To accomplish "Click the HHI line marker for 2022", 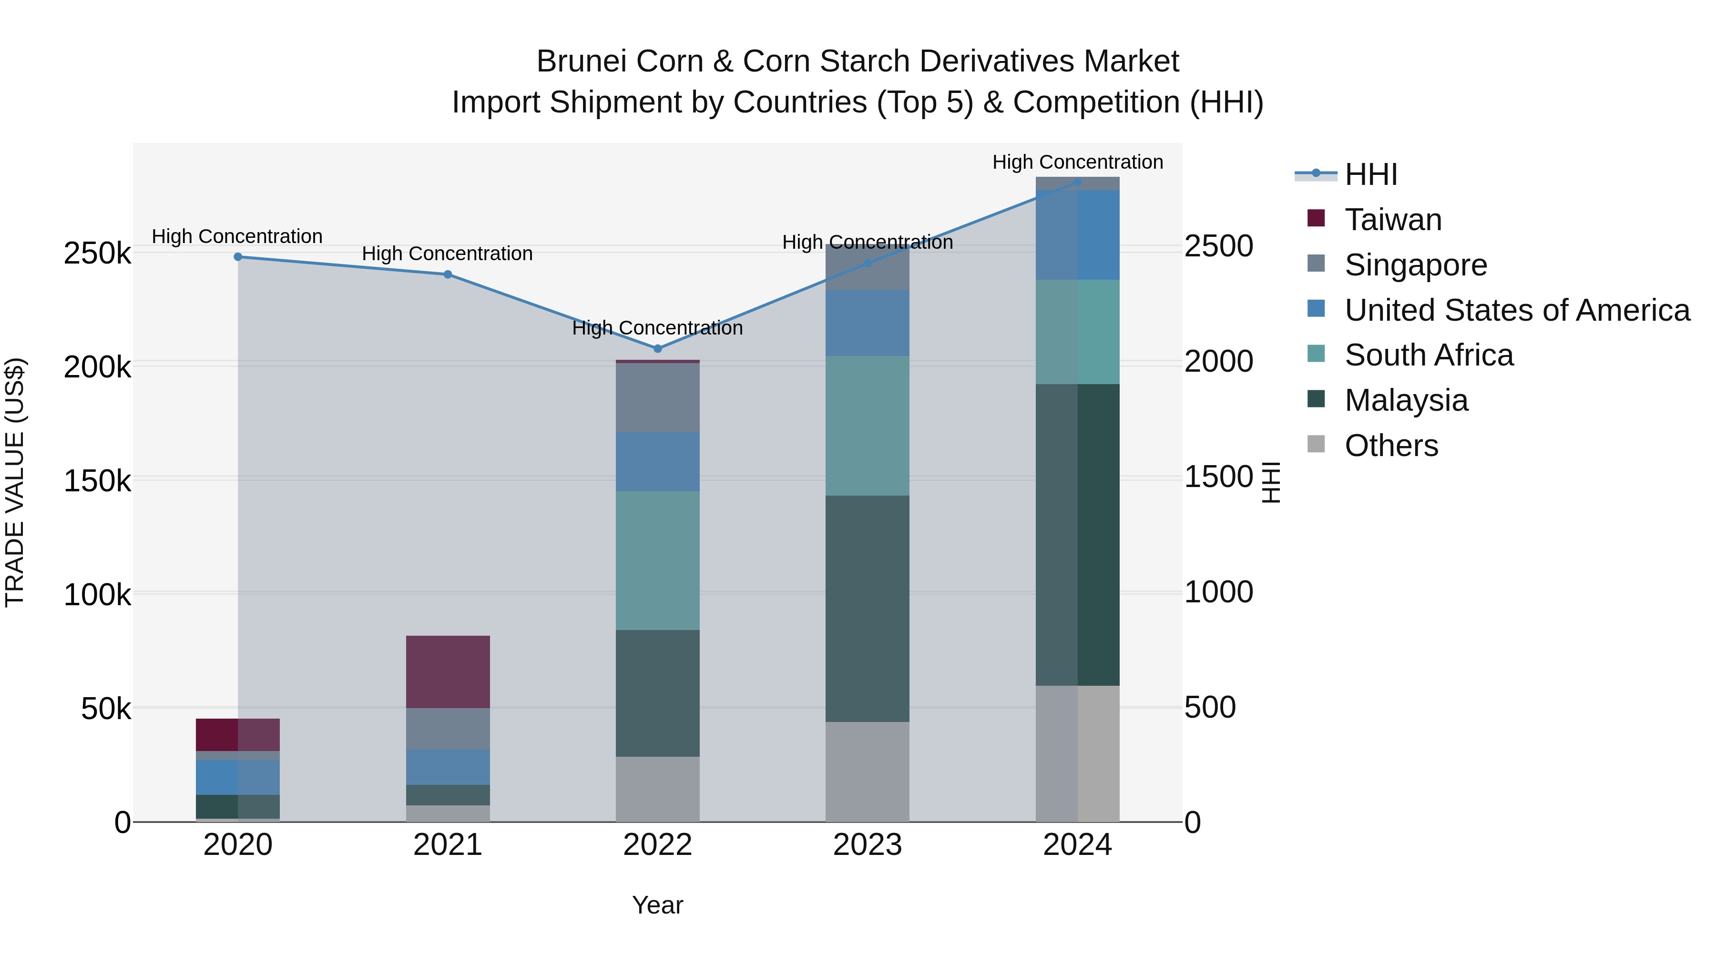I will pyautogui.click(x=657, y=348).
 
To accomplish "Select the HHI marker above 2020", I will pyautogui.click(x=238, y=257).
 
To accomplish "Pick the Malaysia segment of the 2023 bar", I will pyautogui.click(x=868, y=608).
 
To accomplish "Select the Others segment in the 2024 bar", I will pyautogui.click(x=1077, y=753).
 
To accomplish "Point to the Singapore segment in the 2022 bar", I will pyautogui.click(x=657, y=397).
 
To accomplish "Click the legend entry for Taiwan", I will pyautogui.click(x=1393, y=220).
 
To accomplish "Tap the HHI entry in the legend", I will pyautogui.click(x=1370, y=174).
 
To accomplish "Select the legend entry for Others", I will pyautogui.click(x=1391, y=446).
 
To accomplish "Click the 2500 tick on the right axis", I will pyautogui.click(x=1218, y=246).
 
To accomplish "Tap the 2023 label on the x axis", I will pyautogui.click(x=868, y=845).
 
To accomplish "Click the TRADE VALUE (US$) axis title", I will pyautogui.click(x=15, y=482).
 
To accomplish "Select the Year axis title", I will pyautogui.click(x=657, y=905).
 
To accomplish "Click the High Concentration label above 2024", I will pyautogui.click(x=1077, y=162).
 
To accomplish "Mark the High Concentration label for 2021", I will pyautogui.click(x=447, y=254).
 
